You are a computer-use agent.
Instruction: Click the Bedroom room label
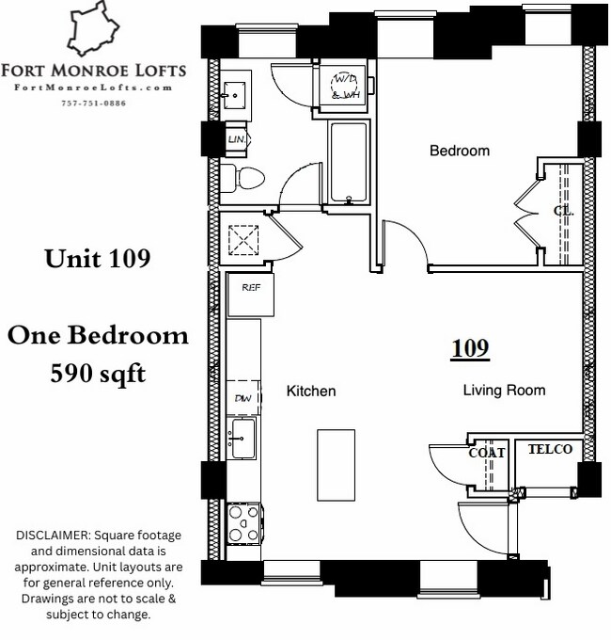pyautogui.click(x=460, y=151)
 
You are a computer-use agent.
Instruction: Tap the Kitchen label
pyautogui.click(x=311, y=391)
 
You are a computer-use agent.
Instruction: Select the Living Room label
pyautogui.click(x=504, y=390)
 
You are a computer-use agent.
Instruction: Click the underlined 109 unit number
pyautogui.click(x=470, y=348)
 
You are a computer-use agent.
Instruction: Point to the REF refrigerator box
pyautogui.click(x=251, y=295)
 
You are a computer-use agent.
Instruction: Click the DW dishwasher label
pyautogui.click(x=242, y=399)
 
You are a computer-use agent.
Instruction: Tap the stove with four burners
pyautogui.click(x=243, y=523)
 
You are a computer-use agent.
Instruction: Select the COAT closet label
pyautogui.click(x=487, y=453)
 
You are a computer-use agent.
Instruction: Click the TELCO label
pyautogui.click(x=550, y=450)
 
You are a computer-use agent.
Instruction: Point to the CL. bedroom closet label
pyautogui.click(x=563, y=211)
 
